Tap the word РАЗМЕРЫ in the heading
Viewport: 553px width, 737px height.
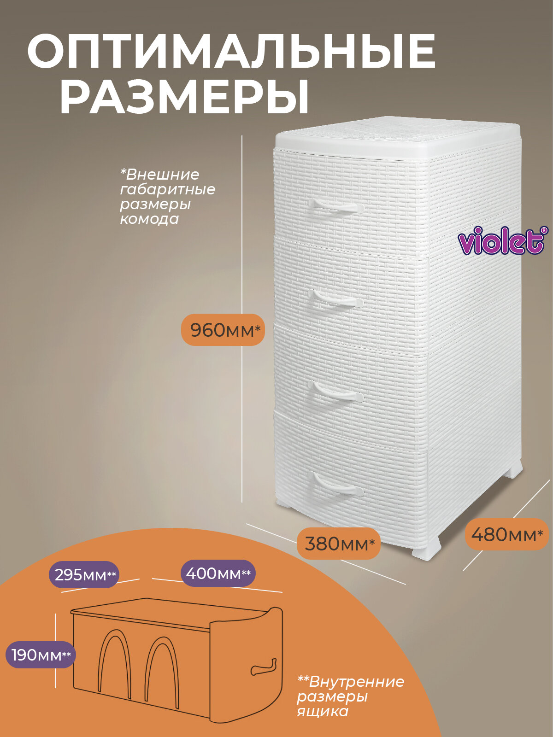point(184,98)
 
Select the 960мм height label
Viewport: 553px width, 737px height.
point(223,330)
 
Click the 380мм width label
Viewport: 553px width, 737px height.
point(338,544)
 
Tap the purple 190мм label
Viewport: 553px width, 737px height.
point(41,655)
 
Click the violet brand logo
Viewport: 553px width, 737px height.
point(503,240)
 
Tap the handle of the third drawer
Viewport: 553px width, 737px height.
point(335,395)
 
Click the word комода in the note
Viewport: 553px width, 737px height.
point(149,219)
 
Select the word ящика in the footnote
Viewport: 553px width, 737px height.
point(323,712)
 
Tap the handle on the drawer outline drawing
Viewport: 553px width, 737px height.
point(263,668)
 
